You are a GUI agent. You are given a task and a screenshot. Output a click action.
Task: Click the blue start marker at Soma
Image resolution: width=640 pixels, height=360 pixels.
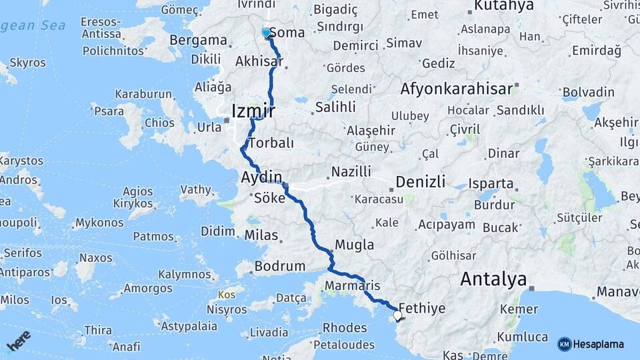(x=267, y=33)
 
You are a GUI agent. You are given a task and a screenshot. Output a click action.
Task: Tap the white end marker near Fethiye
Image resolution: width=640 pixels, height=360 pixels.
(x=397, y=315)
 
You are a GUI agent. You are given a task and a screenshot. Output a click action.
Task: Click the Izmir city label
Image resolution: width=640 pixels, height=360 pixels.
(x=253, y=110)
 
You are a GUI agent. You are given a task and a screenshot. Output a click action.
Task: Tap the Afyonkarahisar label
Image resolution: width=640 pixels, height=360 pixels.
(x=457, y=89)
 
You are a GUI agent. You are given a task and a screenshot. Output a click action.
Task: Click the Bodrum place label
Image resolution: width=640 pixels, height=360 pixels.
(x=279, y=266)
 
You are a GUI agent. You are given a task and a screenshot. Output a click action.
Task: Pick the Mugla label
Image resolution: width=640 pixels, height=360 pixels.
(x=354, y=245)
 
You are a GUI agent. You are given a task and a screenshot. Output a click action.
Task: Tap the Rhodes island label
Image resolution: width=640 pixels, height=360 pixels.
(x=344, y=328)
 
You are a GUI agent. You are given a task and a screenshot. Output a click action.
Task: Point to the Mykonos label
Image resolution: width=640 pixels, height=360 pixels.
(x=99, y=223)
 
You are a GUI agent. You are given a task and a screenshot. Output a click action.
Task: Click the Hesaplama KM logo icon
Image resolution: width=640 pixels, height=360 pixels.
(x=564, y=344)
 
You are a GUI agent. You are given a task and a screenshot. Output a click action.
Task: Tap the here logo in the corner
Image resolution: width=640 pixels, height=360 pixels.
(x=19, y=341)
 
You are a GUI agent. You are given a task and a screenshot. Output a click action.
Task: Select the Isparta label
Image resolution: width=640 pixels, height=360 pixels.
(x=491, y=183)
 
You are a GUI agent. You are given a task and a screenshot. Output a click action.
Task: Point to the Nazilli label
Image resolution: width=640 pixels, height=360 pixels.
(x=351, y=172)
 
